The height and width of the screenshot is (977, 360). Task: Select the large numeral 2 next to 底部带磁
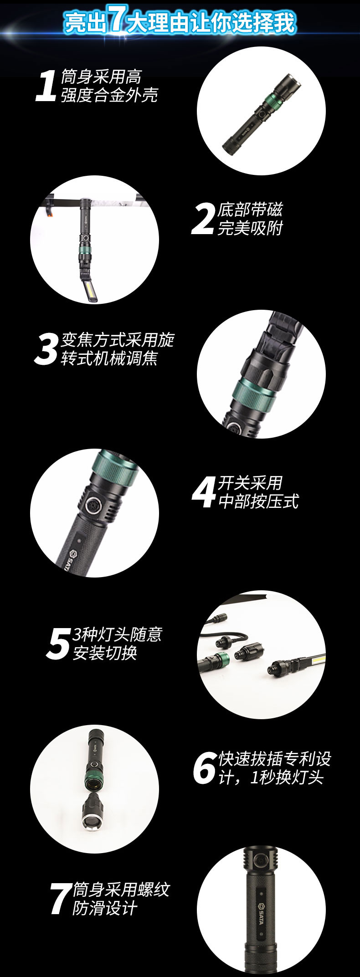(203, 219)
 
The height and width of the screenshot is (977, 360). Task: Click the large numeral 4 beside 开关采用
(204, 492)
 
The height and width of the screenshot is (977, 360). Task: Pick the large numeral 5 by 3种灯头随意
(58, 643)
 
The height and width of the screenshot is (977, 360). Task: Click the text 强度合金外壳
(109, 95)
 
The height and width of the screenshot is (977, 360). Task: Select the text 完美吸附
(250, 228)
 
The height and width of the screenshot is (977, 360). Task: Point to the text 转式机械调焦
(109, 358)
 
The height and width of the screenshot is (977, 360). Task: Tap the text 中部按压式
(258, 501)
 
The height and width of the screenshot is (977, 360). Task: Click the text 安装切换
(105, 653)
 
